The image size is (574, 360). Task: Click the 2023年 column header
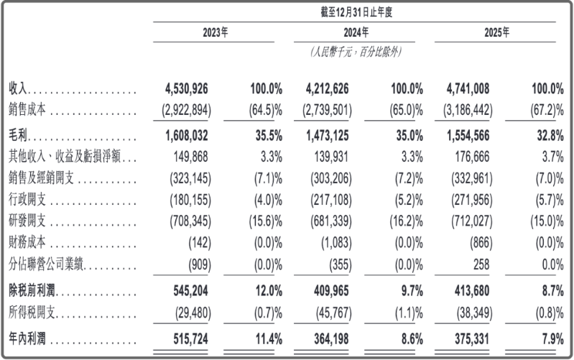pyautogui.click(x=216, y=32)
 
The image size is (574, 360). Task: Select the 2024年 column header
pyautogui.click(x=356, y=32)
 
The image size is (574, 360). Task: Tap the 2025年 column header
pyautogui.click(x=496, y=32)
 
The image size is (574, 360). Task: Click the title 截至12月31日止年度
pyautogui.click(x=356, y=12)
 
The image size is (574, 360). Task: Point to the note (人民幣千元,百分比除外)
pyautogui.click(x=356, y=52)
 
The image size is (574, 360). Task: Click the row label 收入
pyautogui.click(x=18, y=88)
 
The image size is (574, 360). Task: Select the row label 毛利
pyautogui.click(x=18, y=136)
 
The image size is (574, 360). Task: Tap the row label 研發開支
pyautogui.click(x=27, y=221)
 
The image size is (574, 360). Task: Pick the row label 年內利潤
pyautogui.click(x=27, y=338)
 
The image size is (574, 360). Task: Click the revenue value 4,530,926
pyautogui.click(x=186, y=88)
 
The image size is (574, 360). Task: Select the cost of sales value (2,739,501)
pyautogui.click(x=327, y=110)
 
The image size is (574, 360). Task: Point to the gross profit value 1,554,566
pyautogui.click(x=468, y=136)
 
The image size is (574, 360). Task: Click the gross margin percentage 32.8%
pyautogui.click(x=550, y=136)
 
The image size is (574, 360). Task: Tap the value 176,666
pyautogui.click(x=472, y=157)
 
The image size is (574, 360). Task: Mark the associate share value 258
pyautogui.click(x=481, y=264)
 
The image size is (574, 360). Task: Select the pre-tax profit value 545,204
pyautogui.click(x=190, y=291)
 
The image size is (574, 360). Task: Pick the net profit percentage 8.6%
pyautogui.click(x=412, y=338)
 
